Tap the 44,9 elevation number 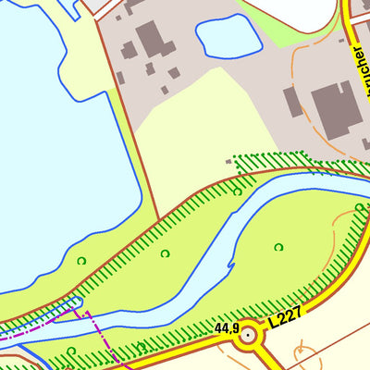227,328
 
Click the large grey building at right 334,108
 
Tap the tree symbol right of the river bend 278,247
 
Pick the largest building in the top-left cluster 150,39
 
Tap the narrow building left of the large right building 293,101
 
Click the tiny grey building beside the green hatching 229,161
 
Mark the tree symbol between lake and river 165,253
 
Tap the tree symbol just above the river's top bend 237,191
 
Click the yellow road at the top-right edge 350,18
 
